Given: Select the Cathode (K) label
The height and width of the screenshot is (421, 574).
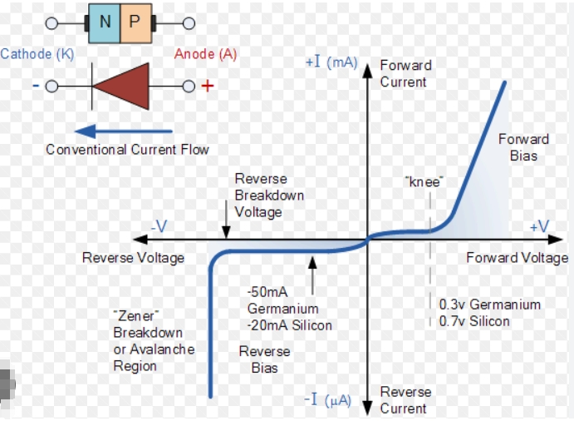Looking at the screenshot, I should [37, 54].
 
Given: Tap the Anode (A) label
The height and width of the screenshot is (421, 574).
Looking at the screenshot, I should [205, 54].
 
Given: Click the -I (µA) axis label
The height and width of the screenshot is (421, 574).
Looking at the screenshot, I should [330, 400].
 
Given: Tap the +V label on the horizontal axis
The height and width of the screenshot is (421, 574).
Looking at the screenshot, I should [539, 226].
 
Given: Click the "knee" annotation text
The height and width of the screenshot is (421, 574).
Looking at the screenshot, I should [423, 181].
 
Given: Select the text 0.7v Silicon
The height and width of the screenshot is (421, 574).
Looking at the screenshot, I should [474, 321].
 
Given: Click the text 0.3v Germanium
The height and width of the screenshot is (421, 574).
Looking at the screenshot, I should [489, 305].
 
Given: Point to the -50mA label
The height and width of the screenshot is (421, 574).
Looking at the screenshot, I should [267, 293].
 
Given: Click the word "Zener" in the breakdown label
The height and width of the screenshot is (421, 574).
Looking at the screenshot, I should [135, 315].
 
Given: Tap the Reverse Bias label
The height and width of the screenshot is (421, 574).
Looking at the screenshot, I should [264, 359].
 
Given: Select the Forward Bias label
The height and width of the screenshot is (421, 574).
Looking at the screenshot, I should [523, 147].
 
